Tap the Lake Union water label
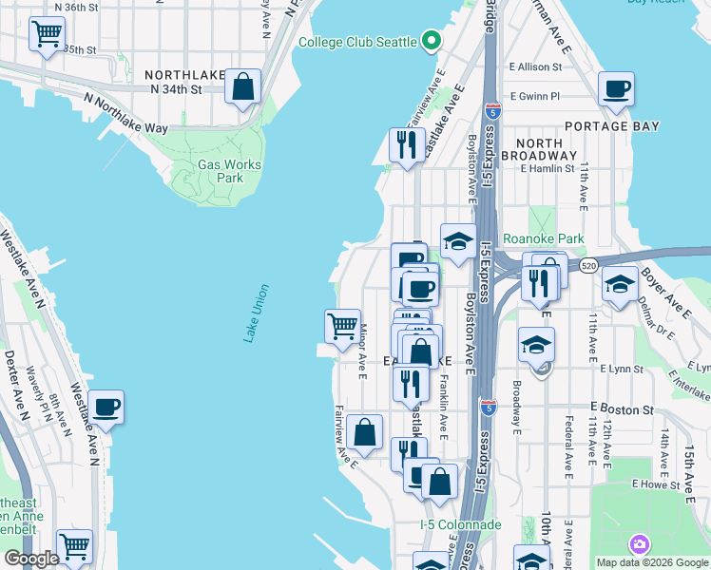pyautogui.click(x=251, y=313)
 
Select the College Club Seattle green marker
pyautogui.click(x=431, y=41)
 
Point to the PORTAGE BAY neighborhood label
pyautogui.click(x=609, y=125)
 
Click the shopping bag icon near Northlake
pyautogui.click(x=243, y=86)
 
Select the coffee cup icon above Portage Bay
pyautogui.click(x=617, y=89)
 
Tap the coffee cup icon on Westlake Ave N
pyautogui.click(x=106, y=407)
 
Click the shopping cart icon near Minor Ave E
pyautogui.click(x=342, y=326)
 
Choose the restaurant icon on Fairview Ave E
pyautogui.click(x=408, y=145)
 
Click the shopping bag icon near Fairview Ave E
pyautogui.click(x=365, y=432)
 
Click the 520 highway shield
pyautogui.click(x=588, y=267)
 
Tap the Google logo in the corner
pyautogui.click(x=32, y=559)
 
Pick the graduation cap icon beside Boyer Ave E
pyautogui.click(x=620, y=284)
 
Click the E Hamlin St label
pyautogui.click(x=548, y=168)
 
